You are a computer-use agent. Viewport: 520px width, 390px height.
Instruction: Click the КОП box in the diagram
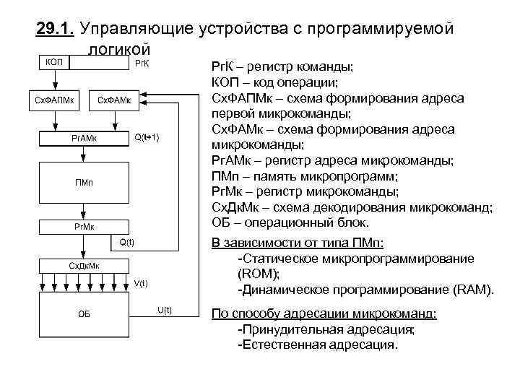pos(54,64)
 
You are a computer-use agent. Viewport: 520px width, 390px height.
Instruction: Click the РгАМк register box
pos(84,137)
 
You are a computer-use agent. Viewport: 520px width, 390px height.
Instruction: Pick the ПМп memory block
pos(84,182)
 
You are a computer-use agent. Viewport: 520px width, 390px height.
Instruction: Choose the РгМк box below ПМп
pos(84,227)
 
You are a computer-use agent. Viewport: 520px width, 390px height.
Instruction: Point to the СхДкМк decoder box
pos(84,266)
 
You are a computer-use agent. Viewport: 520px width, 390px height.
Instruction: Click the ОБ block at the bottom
pos(84,314)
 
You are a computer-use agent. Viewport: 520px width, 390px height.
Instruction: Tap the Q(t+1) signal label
pos(147,137)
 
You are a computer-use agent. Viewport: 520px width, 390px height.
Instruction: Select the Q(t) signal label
pos(126,241)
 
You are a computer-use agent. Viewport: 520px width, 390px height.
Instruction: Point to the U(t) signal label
pos(165,311)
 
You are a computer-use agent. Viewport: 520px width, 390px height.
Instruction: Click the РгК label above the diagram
pos(142,64)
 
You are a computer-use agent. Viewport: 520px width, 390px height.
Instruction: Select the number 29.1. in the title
pos(56,29)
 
